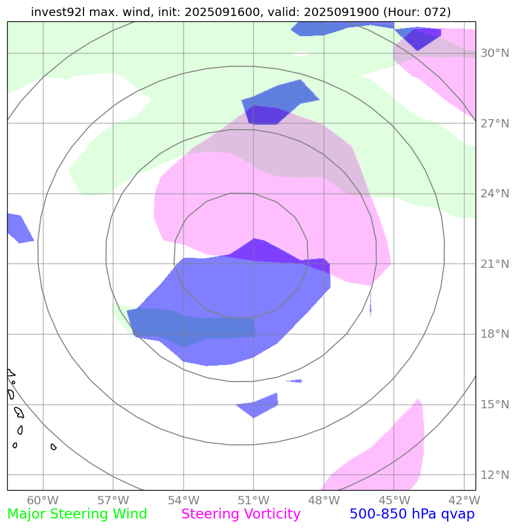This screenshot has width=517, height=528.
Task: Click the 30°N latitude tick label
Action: tap(494, 53)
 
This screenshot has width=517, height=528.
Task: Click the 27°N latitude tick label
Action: tap(494, 124)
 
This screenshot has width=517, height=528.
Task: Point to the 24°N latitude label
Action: tap(494, 194)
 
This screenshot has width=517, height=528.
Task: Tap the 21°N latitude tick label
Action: tap(494, 264)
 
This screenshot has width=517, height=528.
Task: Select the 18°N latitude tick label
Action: tap(494, 334)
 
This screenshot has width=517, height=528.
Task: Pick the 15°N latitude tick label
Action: tap(494, 405)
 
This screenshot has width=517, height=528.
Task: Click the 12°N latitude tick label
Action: tap(494, 475)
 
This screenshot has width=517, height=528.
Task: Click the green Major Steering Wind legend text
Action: tap(77, 514)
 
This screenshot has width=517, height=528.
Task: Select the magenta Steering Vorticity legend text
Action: tap(241, 514)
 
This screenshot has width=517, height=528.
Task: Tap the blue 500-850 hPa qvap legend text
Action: tap(412, 514)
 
